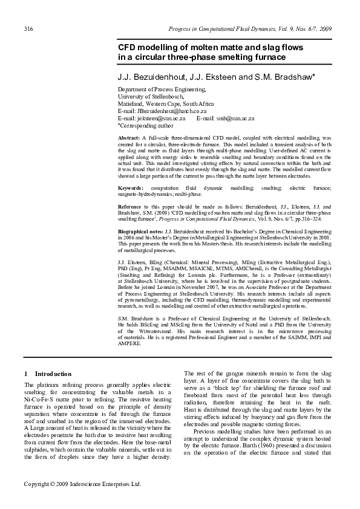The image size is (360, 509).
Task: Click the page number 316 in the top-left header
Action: click(x=28, y=30)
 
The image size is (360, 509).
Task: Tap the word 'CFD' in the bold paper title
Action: click(x=126, y=47)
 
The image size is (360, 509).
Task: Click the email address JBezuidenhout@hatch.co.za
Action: click(x=162, y=111)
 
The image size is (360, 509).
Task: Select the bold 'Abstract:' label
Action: click(x=129, y=138)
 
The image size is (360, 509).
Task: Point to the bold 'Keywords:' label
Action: click(x=132, y=189)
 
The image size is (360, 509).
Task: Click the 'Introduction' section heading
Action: click(x=53, y=374)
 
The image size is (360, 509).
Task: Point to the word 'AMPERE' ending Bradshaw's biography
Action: click(x=131, y=345)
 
